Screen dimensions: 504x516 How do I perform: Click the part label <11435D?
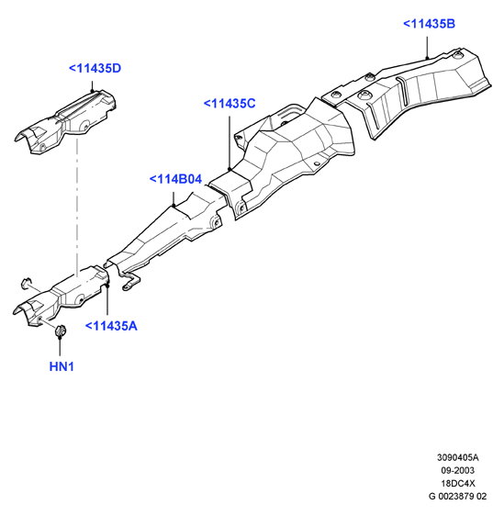[95, 69]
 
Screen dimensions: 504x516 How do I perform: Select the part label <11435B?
[429, 24]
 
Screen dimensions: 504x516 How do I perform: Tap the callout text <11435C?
[230, 104]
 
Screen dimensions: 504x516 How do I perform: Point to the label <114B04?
[175, 179]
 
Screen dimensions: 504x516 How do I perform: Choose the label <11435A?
[111, 326]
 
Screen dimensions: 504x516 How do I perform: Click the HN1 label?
[62, 366]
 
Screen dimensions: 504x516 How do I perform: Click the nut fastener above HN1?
[60, 330]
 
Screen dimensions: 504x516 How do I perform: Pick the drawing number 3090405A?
[457, 457]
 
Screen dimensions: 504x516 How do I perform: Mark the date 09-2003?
[457, 470]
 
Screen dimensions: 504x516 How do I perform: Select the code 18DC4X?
[458, 483]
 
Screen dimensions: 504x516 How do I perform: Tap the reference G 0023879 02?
[457, 496]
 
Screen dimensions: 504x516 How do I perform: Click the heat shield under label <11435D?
[66, 122]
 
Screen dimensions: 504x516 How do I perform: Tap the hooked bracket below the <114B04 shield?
[130, 282]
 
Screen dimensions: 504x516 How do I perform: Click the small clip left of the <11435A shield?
[26, 284]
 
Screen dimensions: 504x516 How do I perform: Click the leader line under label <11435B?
[427, 48]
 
